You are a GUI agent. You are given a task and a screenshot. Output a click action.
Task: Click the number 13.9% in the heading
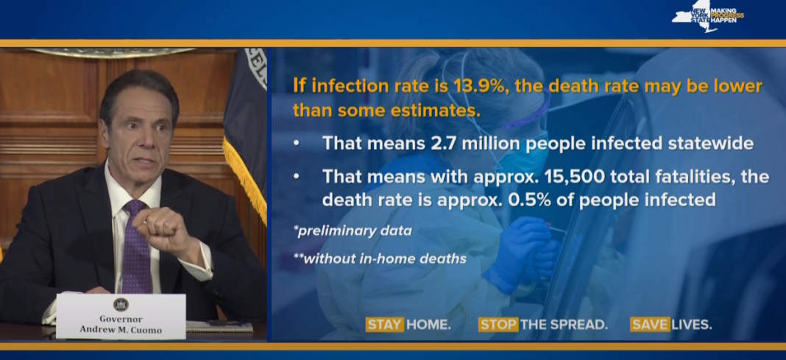(478, 85)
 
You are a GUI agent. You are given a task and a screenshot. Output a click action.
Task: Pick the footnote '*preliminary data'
(353, 231)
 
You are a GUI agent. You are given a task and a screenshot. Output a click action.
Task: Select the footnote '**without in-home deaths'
(380, 258)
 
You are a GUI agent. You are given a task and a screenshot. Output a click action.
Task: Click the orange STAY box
(384, 325)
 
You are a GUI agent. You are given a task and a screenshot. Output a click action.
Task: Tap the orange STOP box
(498, 325)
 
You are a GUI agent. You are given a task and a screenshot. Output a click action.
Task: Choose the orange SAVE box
(650, 325)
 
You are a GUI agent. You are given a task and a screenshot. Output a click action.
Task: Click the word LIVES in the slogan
(691, 325)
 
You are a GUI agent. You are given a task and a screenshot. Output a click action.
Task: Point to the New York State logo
(707, 16)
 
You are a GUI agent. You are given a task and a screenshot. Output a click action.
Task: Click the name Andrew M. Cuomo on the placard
(120, 329)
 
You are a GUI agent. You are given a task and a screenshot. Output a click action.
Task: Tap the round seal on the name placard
(120, 304)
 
